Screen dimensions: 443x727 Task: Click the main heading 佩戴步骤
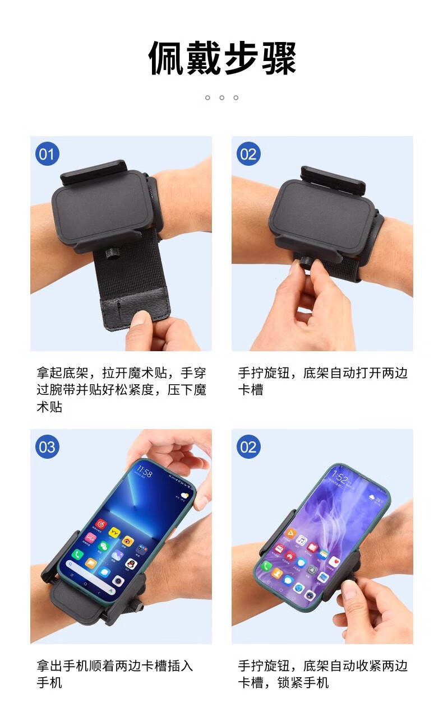click(x=222, y=58)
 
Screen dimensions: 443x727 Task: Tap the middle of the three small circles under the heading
click(x=221, y=97)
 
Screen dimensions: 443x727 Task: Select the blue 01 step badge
click(x=47, y=154)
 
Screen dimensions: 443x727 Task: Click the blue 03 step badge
click(x=47, y=447)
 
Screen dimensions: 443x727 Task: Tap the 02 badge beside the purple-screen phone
click(x=248, y=447)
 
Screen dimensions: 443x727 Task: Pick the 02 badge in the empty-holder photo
click(x=248, y=154)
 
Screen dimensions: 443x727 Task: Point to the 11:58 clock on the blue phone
click(x=144, y=472)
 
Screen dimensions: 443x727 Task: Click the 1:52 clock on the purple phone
click(x=340, y=477)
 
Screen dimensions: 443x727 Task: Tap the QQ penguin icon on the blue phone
click(x=131, y=565)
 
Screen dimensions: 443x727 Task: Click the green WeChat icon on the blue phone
click(x=104, y=546)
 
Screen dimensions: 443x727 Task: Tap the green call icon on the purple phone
click(x=266, y=566)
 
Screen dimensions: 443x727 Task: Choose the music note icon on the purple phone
click(x=301, y=540)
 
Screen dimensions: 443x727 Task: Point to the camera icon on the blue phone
click(x=118, y=581)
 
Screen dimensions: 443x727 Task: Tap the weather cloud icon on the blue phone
click(x=184, y=496)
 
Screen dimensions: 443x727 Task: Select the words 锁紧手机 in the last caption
click(x=303, y=683)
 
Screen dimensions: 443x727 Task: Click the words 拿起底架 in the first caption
click(x=62, y=373)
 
